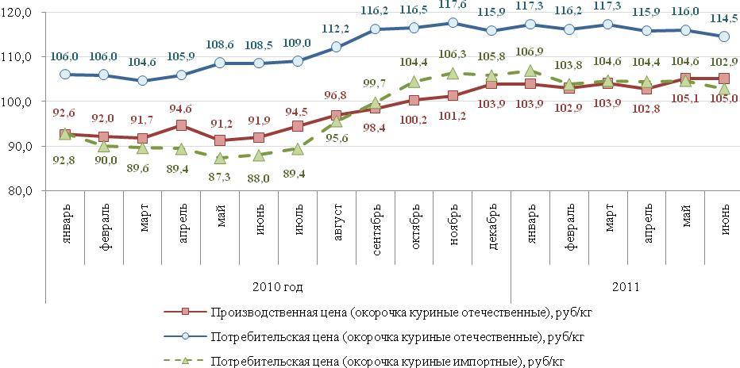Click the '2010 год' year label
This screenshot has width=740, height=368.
[x=277, y=286]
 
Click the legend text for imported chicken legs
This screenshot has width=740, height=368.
[x=389, y=361]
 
